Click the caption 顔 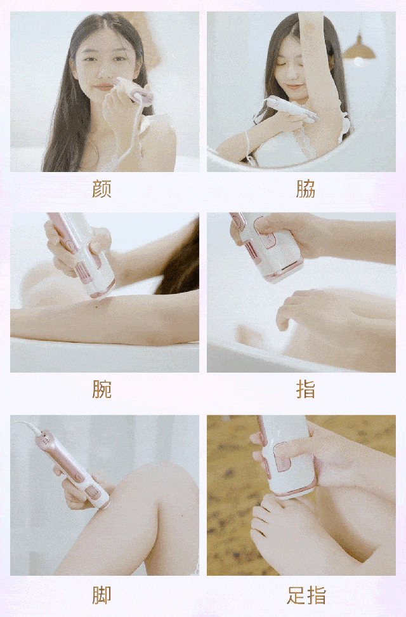tap(101, 189)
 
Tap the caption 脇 tap(306, 189)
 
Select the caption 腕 tap(101, 389)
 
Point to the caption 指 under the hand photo tap(306, 389)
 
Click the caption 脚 tap(101, 595)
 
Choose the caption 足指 tap(306, 595)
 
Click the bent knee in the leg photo tap(173, 488)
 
